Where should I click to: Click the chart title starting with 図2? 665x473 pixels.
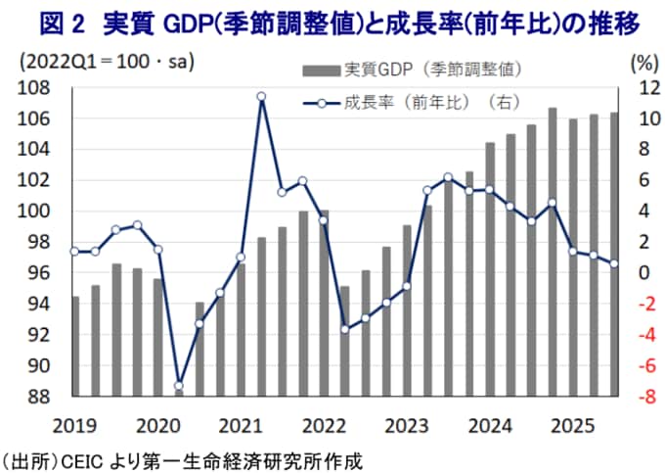click(332, 21)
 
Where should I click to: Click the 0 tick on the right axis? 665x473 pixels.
click(643, 273)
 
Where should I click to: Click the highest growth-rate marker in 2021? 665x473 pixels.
click(261, 97)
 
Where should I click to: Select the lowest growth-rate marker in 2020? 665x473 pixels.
click(178, 386)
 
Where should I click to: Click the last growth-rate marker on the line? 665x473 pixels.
click(613, 263)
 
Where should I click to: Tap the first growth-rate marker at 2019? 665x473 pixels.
click(74, 252)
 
